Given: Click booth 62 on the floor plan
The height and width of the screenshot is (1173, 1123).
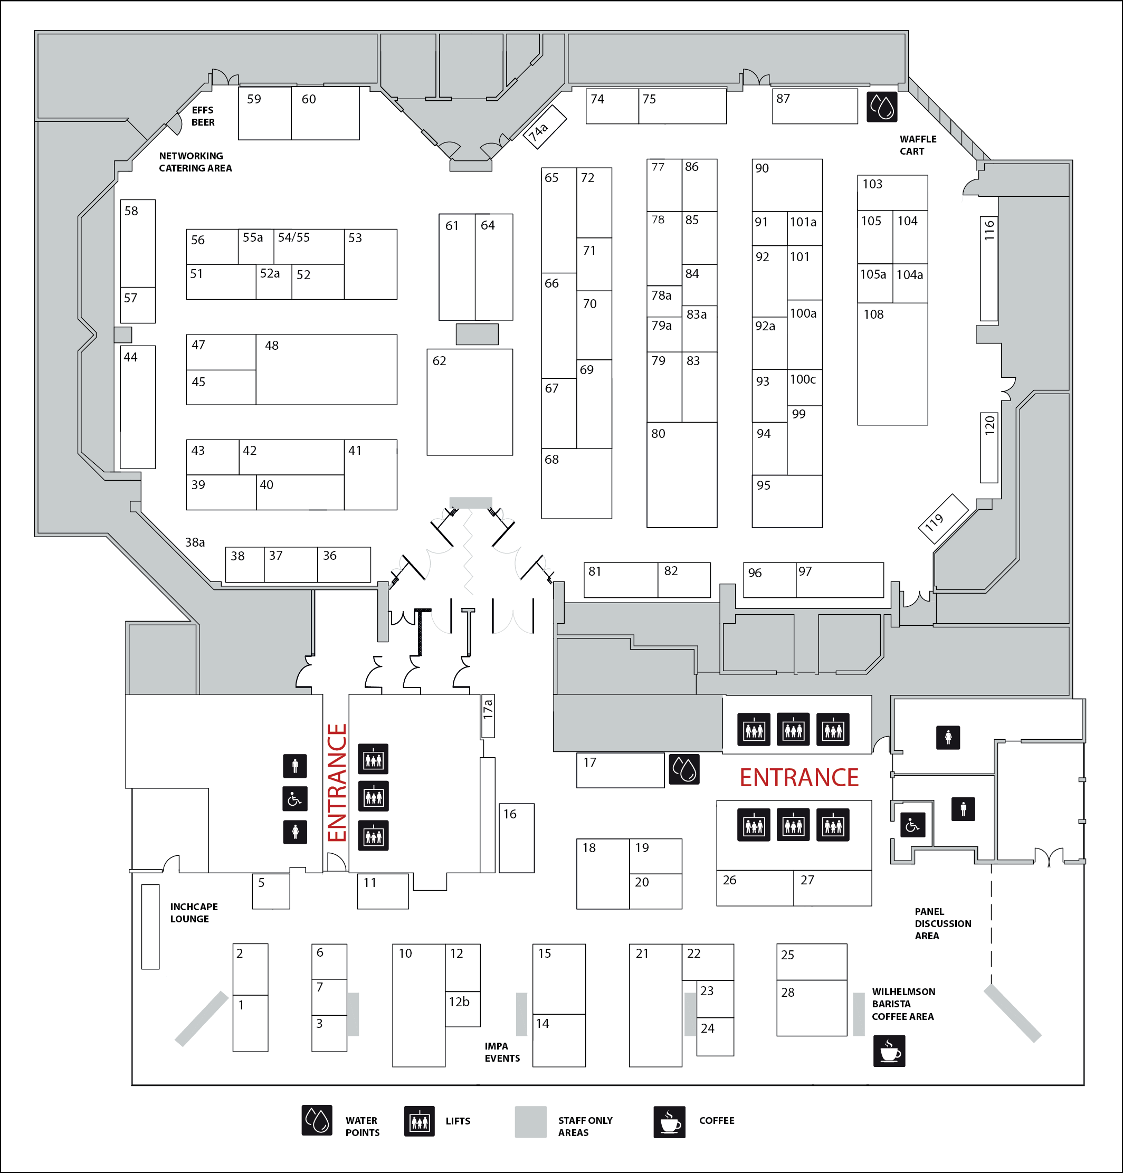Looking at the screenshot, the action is tap(469, 402).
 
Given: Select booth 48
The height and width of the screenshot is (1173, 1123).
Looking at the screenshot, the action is tap(326, 369).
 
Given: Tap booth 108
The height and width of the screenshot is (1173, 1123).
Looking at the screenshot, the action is tap(892, 364).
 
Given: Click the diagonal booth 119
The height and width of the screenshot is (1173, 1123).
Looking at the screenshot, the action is tap(943, 518).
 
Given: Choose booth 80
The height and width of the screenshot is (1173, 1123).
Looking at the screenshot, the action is tap(681, 474).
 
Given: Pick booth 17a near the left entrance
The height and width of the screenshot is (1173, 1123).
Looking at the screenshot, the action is tap(488, 715).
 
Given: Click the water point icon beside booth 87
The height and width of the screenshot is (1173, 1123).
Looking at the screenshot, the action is tap(882, 107).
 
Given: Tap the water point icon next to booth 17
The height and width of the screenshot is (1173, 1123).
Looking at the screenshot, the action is tap(683, 768).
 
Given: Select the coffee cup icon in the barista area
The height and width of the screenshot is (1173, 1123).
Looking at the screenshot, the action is tap(889, 1051).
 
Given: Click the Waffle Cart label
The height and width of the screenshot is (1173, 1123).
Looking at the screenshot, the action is tap(917, 145).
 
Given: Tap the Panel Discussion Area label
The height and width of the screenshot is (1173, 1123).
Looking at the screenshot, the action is tap(942, 923).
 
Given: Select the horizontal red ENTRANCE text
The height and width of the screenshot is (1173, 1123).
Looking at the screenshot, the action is tap(798, 777).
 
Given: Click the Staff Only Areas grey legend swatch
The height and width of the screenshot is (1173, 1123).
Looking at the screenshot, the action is tap(530, 1121).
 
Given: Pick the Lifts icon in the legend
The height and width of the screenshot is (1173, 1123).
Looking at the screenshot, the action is tap(419, 1121).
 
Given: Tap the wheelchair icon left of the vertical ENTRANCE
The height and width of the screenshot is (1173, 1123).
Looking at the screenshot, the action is tap(294, 798).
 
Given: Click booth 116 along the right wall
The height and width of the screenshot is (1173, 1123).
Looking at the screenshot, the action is tap(988, 268).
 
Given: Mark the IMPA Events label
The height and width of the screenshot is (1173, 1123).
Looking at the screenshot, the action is tap(502, 1052).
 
